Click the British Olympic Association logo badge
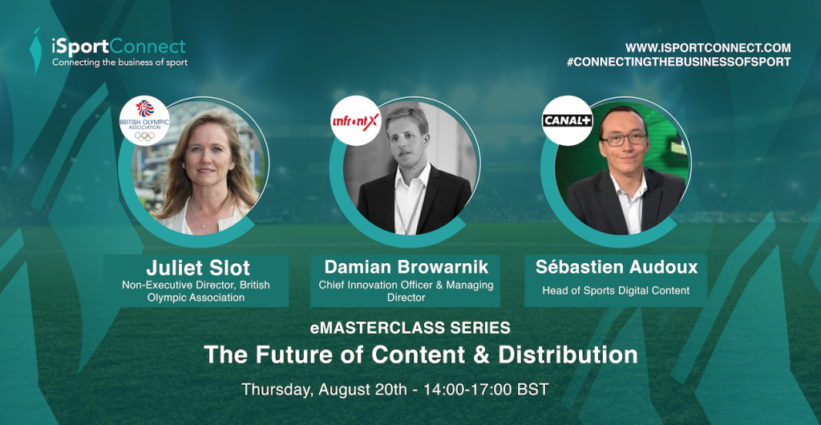(x=144, y=120)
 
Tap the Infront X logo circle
(x=355, y=121)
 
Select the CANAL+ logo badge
(x=567, y=121)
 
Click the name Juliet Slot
(x=198, y=268)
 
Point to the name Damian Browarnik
(x=406, y=267)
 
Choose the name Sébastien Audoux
(x=617, y=267)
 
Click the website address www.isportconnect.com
(x=708, y=47)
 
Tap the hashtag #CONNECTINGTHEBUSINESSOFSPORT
(x=678, y=62)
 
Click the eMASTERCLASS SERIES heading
(x=410, y=328)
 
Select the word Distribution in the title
(x=568, y=355)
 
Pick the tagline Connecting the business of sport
(x=119, y=63)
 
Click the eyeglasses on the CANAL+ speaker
(x=624, y=140)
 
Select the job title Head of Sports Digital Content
(x=616, y=290)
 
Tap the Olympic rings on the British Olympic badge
(x=144, y=136)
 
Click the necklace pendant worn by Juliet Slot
(x=203, y=225)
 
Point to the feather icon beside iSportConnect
(x=35, y=51)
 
